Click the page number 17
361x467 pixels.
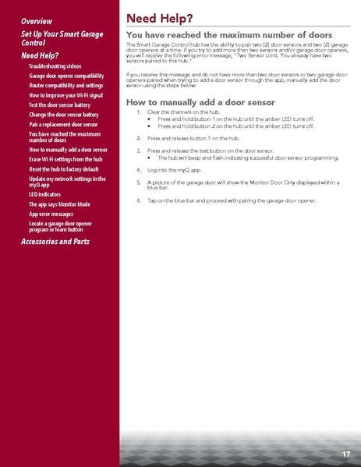[x=345, y=453]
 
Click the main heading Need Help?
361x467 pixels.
[x=160, y=17]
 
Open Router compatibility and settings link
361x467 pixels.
[x=65, y=86]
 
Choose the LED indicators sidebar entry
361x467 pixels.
[x=44, y=193]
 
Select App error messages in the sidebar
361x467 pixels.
[x=51, y=213]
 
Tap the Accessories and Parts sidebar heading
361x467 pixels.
[x=55, y=242]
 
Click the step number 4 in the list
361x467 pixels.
[x=138, y=168]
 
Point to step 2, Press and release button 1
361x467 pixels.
[x=179, y=136]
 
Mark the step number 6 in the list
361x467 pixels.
[x=138, y=201]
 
